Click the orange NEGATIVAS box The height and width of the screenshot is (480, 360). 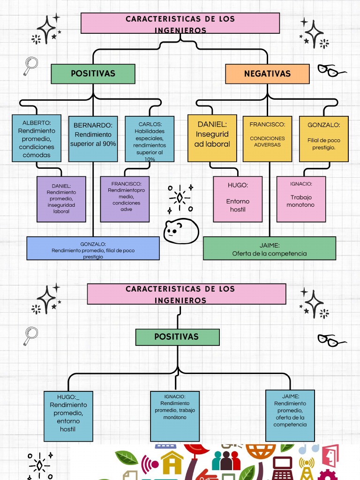click(x=267, y=74)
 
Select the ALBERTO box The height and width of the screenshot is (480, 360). click(x=36, y=139)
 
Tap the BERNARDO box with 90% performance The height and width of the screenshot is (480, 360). click(x=93, y=139)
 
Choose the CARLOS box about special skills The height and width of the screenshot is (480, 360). click(x=150, y=139)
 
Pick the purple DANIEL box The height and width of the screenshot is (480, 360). click(x=61, y=199)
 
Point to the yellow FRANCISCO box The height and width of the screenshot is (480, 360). click(x=267, y=138)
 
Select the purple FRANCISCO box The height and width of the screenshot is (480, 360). click(x=125, y=199)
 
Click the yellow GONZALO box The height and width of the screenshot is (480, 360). click(x=324, y=138)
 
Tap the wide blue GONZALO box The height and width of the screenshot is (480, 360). click(x=93, y=248)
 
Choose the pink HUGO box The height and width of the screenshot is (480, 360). click(x=238, y=199)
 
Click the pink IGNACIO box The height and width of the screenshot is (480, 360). click(x=301, y=199)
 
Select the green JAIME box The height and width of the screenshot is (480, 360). click(x=270, y=248)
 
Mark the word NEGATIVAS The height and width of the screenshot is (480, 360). click(x=267, y=74)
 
